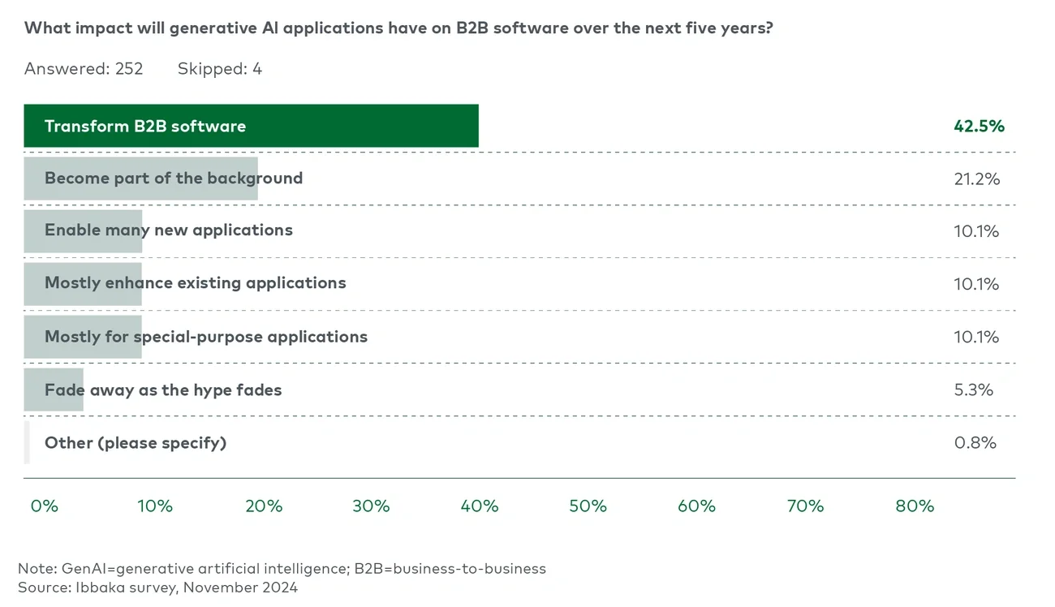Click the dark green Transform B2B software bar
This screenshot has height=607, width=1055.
pyautogui.click(x=251, y=126)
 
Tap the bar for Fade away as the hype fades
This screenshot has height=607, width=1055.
pyautogui.click(x=54, y=390)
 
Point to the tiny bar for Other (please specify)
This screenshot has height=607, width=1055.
pyautogui.click(x=27, y=442)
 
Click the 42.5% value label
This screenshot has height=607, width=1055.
pyautogui.click(x=979, y=126)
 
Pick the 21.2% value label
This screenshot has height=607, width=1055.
pyautogui.click(x=977, y=179)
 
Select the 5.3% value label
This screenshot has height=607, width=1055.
pyautogui.click(x=974, y=390)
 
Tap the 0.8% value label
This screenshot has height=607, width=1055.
pyautogui.click(x=975, y=442)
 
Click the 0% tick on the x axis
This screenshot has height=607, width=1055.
pyautogui.click(x=45, y=506)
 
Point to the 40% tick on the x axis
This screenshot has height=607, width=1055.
pyautogui.click(x=480, y=506)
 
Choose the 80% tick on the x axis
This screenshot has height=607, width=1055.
pyautogui.click(x=915, y=506)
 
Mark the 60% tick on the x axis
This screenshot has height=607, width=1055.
pyautogui.click(x=696, y=506)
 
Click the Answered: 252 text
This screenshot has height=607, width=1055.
pyautogui.click(x=84, y=69)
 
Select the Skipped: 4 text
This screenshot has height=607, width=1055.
pyautogui.click(x=220, y=69)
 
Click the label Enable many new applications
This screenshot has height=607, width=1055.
pyautogui.click(x=169, y=230)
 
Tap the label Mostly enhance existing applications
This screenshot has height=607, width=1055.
pyautogui.click(x=195, y=283)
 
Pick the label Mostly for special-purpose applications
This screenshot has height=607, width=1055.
pyautogui.click(x=206, y=337)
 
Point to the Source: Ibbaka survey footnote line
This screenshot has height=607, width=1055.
pyautogui.click(x=157, y=587)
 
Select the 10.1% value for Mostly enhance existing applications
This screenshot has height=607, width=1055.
pyautogui.click(x=976, y=284)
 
